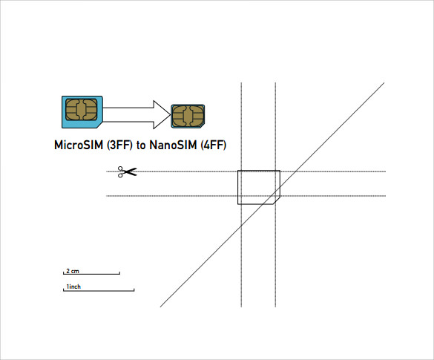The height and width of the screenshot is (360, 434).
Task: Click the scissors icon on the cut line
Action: (x=127, y=171)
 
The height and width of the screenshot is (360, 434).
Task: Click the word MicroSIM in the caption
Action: (x=79, y=145)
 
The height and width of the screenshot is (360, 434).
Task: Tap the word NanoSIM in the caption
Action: (x=174, y=145)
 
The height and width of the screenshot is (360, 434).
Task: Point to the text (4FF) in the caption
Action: (x=214, y=145)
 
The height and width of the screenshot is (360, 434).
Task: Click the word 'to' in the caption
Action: (x=141, y=145)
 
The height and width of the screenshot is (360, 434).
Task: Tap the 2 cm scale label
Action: (x=73, y=271)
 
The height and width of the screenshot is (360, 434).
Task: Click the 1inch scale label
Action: (x=73, y=287)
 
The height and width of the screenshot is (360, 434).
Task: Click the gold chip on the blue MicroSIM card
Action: (x=82, y=109)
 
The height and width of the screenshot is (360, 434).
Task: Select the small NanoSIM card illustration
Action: (x=188, y=116)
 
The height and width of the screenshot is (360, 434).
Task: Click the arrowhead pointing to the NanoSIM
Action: (x=162, y=114)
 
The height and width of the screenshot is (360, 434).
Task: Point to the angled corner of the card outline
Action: (x=277, y=200)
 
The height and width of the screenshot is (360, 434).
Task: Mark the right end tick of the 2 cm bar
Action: (x=119, y=273)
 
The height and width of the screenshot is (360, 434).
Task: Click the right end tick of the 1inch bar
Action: (x=134, y=290)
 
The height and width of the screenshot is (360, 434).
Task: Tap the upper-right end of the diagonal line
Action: (x=384, y=82)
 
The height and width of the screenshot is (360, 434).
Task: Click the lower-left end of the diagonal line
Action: (x=160, y=307)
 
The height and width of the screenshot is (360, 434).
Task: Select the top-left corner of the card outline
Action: (x=238, y=171)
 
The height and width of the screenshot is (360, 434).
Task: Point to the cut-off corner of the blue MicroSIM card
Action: (x=100, y=125)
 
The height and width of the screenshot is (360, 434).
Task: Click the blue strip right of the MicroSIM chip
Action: (x=100, y=110)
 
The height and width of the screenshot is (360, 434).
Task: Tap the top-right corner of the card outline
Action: (x=280, y=171)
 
